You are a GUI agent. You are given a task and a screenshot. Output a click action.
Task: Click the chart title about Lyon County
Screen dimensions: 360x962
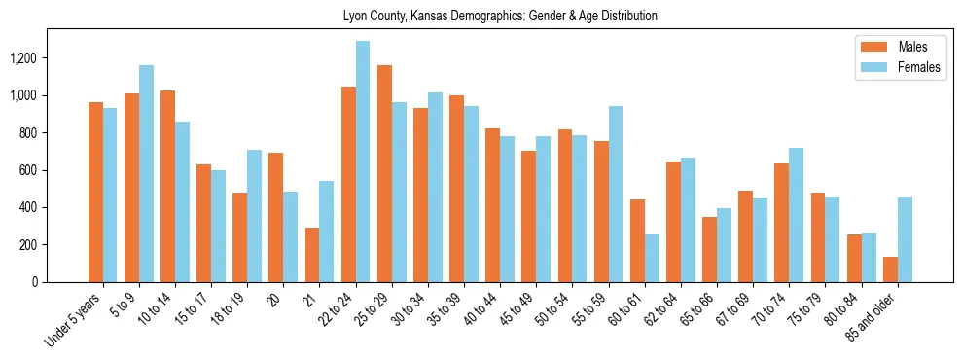click(x=500, y=16)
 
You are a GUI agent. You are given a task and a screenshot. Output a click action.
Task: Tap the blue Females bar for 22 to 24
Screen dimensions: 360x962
click(x=363, y=162)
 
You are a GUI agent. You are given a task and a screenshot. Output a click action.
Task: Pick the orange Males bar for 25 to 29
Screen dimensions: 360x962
click(x=384, y=173)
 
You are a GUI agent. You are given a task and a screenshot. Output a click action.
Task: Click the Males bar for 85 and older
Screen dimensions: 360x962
click(x=890, y=270)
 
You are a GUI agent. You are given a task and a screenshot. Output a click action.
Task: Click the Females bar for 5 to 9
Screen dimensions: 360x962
click(x=146, y=173)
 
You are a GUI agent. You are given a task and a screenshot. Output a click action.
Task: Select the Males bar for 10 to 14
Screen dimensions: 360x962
click(x=167, y=186)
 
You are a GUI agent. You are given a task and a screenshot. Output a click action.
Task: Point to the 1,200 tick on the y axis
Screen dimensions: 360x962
click(x=23, y=58)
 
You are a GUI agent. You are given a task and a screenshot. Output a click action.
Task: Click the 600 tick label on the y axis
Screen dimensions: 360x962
click(x=28, y=170)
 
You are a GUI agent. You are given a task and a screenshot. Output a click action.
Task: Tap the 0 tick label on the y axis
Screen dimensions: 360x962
click(x=35, y=282)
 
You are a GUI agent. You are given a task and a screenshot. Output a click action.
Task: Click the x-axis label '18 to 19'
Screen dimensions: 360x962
click(x=228, y=309)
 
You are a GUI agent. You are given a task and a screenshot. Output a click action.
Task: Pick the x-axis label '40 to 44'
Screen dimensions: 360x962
click(x=481, y=309)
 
